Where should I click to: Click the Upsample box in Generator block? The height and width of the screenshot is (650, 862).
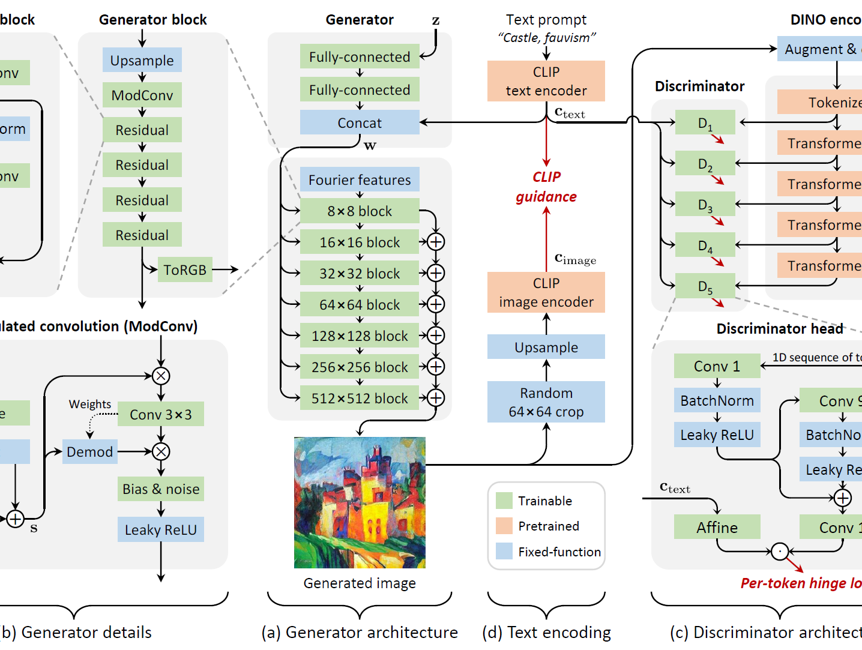142,60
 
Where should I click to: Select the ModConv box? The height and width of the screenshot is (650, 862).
142,95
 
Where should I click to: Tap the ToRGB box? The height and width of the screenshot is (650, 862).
185,269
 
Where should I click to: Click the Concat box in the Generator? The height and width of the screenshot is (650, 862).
360,122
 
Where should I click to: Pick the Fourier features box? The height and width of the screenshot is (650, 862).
360,179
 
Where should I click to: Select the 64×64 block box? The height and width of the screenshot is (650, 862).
360,304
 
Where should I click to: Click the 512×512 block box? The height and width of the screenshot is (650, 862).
360,398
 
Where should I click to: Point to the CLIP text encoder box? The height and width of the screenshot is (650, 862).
546,81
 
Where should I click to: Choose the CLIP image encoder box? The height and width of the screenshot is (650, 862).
546,292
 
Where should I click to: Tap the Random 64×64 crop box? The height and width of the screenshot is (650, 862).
546,402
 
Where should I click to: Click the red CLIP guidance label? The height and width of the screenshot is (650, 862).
546,187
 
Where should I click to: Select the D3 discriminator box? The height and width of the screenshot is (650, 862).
705,204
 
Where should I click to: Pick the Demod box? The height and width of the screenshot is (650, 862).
90,451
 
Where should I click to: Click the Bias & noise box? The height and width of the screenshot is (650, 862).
161,489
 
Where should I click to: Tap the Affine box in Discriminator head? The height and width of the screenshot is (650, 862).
717,527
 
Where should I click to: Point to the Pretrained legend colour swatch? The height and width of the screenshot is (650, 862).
504,526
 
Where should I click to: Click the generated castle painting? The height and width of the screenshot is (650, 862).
360,502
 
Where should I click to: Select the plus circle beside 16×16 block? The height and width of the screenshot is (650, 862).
436,242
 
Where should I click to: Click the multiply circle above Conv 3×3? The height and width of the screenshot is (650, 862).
161,376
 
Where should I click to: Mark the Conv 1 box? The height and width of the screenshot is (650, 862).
717,366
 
